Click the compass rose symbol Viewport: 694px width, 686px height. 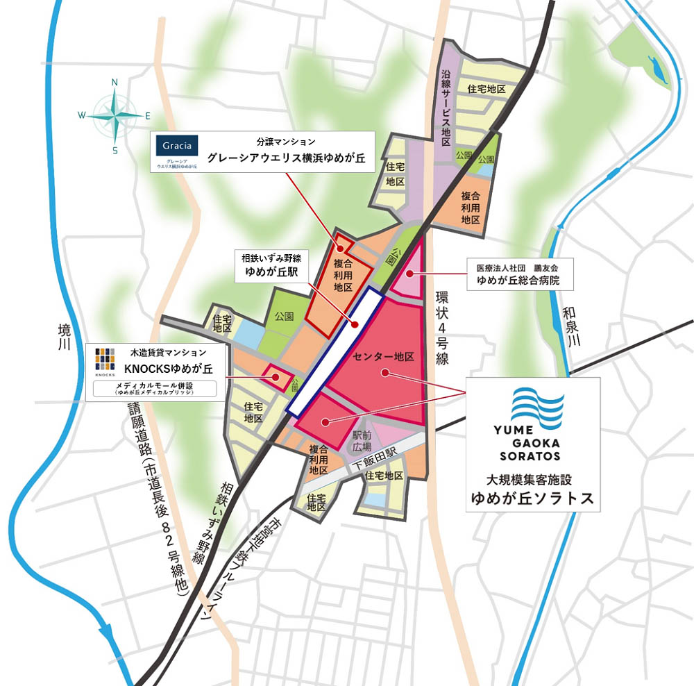pyautogui.click(x=115, y=115)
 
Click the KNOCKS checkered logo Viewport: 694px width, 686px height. pyautogui.click(x=104, y=360)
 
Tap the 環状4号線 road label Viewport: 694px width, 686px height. pyautogui.click(x=442, y=328)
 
